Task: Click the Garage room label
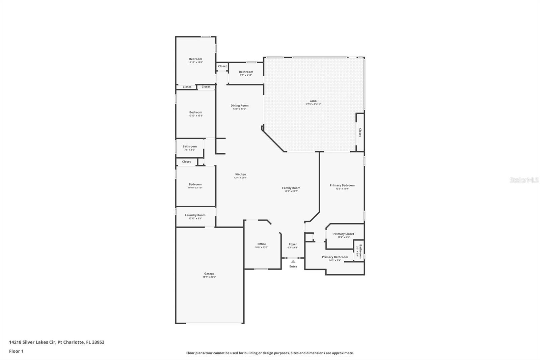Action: [209, 274]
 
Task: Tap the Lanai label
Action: [313, 101]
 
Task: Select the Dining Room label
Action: [239, 105]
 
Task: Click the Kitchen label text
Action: [240, 174]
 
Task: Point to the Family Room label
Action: [291, 188]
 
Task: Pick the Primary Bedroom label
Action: [342, 185]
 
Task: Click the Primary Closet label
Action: [343, 234]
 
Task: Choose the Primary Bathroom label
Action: [334, 257]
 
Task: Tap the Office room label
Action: [261, 244]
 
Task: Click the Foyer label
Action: [293, 244]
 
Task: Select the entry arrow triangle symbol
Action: [293, 261]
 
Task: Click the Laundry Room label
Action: [195, 215]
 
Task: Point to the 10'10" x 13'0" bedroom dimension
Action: [195, 62]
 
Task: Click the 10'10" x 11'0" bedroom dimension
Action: [195, 188]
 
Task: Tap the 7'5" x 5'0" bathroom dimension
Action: [189, 150]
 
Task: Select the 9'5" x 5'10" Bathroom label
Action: [246, 72]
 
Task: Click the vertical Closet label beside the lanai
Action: [360, 132]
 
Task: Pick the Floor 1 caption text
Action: [16, 351]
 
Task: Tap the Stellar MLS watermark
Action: [524, 180]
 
